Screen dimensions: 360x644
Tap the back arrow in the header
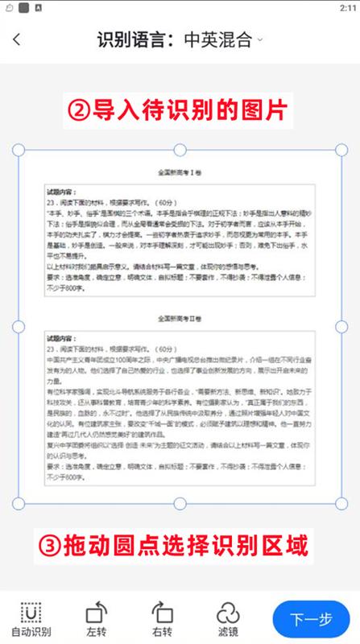point(18,39)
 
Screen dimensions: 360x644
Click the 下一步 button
point(311,618)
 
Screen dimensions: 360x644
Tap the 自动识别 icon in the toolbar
point(31,612)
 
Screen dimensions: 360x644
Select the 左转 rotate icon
point(97,612)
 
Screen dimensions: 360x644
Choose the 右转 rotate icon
point(162,612)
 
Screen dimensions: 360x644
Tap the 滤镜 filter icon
point(227,612)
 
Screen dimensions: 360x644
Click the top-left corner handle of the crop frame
point(19,151)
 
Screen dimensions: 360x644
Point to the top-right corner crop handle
point(341,151)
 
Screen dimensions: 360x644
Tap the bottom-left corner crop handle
point(19,503)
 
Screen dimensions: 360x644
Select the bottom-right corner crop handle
point(341,503)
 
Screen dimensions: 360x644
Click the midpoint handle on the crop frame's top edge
point(180,151)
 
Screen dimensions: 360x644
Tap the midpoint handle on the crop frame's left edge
point(19,327)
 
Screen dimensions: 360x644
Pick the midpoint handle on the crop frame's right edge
point(341,327)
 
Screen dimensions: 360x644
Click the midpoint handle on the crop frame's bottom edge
point(180,503)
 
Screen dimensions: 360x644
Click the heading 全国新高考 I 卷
point(180,172)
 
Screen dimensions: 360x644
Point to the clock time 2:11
point(344,7)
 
